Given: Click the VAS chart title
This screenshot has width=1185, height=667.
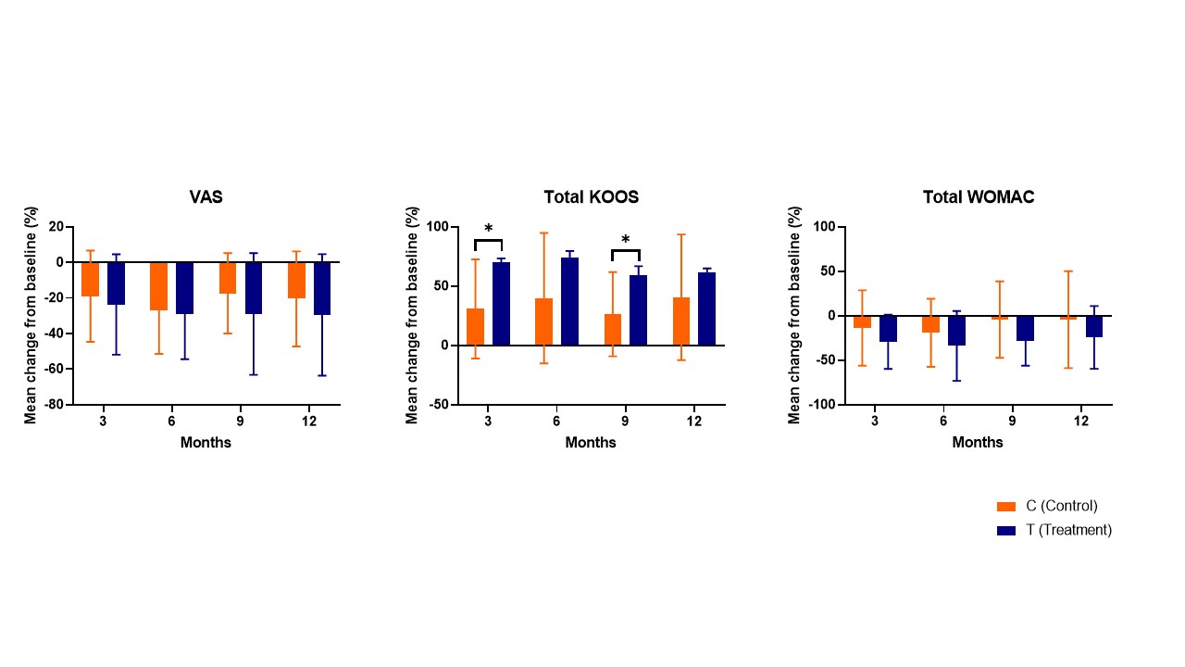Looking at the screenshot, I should pyautogui.click(x=206, y=197).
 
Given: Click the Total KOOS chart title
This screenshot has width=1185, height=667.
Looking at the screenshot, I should pyautogui.click(x=591, y=197).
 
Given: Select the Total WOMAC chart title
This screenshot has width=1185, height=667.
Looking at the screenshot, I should pyautogui.click(x=979, y=197).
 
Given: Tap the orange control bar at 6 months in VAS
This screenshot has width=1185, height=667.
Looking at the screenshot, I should pyautogui.click(x=158, y=286).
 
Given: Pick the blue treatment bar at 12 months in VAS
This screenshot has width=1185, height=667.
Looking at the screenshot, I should pyautogui.click(x=322, y=288).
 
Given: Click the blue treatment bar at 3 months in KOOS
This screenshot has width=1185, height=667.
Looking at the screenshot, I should pyautogui.click(x=501, y=304).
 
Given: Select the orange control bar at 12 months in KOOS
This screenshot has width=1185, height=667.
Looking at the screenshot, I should pyautogui.click(x=681, y=321).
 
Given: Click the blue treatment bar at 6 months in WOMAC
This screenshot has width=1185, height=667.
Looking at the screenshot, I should pyautogui.click(x=956, y=331).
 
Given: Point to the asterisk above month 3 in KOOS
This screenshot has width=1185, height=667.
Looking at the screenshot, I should pyautogui.click(x=488, y=230).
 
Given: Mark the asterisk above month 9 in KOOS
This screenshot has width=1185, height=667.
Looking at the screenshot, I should pyautogui.click(x=626, y=241).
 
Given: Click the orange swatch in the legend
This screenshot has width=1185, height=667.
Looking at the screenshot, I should pyautogui.click(x=1006, y=506).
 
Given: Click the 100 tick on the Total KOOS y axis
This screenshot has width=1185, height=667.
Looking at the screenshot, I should pyautogui.click(x=437, y=227).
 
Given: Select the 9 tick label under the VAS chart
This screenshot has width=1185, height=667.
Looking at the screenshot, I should pyautogui.click(x=240, y=422).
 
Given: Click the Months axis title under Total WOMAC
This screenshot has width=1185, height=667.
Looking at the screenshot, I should pyautogui.click(x=978, y=443).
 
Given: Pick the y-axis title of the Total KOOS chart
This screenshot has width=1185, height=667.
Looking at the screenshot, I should pyautogui.click(x=413, y=315).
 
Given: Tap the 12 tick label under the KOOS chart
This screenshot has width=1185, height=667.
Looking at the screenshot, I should pyautogui.click(x=694, y=422).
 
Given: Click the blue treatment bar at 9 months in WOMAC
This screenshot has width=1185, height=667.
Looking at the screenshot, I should pyautogui.click(x=1025, y=328).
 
